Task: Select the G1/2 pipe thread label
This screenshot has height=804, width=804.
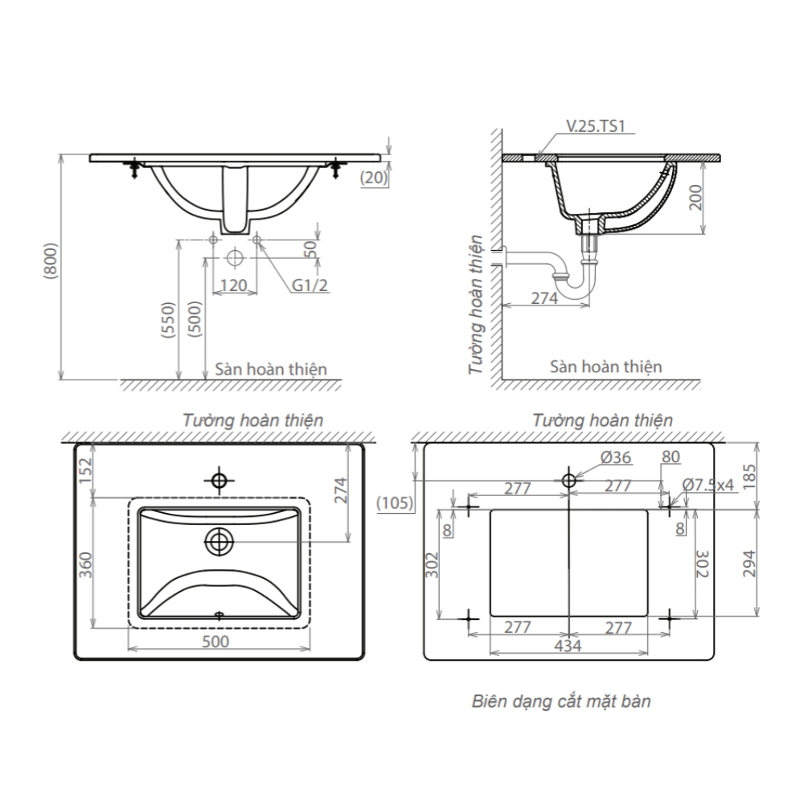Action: [311, 284]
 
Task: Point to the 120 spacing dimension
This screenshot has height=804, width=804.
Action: [233, 284]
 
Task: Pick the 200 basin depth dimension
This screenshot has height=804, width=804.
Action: [696, 195]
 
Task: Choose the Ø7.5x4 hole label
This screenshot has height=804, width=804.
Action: [708, 485]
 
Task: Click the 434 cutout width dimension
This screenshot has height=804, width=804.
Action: [568, 645]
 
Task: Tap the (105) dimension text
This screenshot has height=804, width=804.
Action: [395, 503]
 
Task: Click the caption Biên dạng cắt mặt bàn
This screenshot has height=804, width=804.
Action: [560, 701]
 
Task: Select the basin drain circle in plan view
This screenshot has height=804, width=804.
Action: [218, 541]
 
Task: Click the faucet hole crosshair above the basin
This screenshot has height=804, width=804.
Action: [218, 480]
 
